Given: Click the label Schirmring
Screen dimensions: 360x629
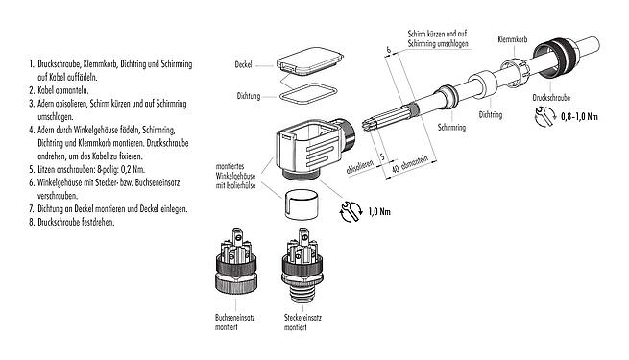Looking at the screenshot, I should coord(451,127).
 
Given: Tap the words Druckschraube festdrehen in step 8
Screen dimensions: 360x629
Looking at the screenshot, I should coord(71,222).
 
